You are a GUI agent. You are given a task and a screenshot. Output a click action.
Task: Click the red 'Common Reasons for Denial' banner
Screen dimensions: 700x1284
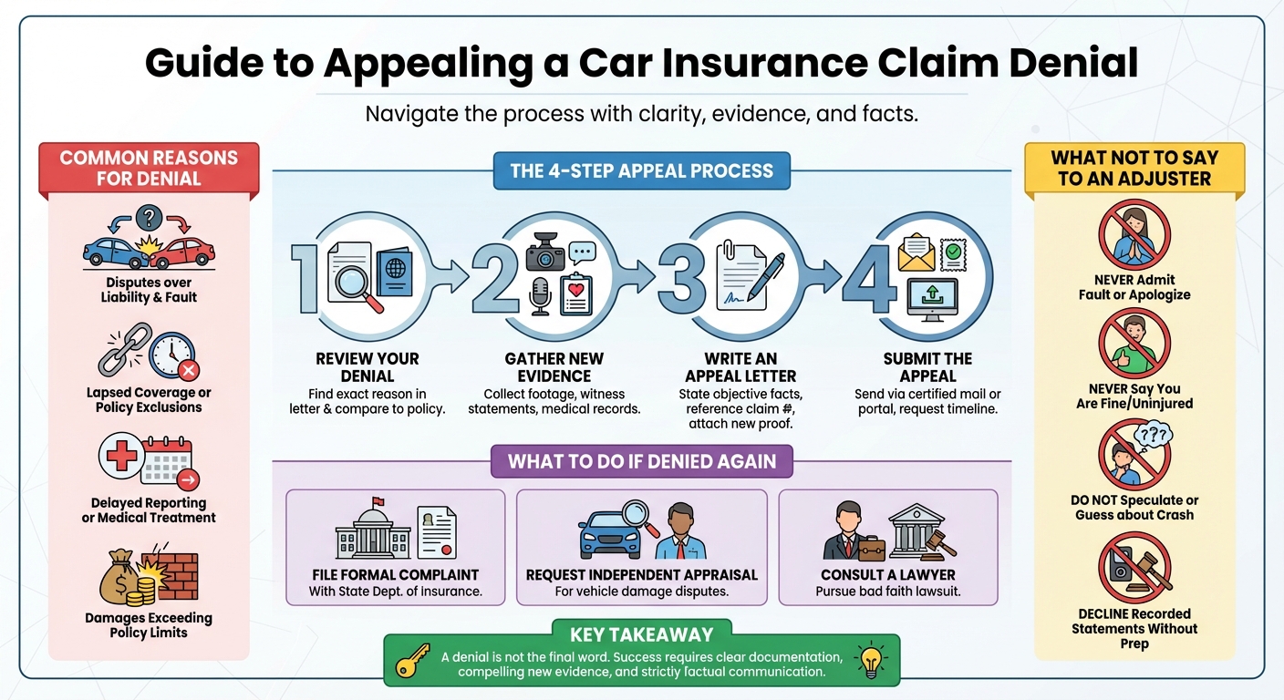[149, 168]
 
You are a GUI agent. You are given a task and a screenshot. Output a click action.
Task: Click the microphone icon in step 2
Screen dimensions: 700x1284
[540, 295]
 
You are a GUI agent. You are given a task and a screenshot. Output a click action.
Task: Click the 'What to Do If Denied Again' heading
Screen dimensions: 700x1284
[641, 461]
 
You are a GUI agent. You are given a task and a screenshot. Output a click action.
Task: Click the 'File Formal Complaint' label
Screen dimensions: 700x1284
[395, 575]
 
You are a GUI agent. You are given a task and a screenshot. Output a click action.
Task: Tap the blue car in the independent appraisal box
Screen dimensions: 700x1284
[610, 535]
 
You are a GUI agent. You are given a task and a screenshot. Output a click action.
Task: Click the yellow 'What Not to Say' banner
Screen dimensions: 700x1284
[1134, 168]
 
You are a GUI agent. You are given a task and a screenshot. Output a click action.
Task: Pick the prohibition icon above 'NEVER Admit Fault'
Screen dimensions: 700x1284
[1134, 234]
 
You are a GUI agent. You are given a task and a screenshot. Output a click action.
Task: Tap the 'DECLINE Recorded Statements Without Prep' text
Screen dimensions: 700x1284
[1134, 628]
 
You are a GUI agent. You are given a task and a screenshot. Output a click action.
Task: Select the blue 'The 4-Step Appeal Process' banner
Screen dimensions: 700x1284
[641, 170]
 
